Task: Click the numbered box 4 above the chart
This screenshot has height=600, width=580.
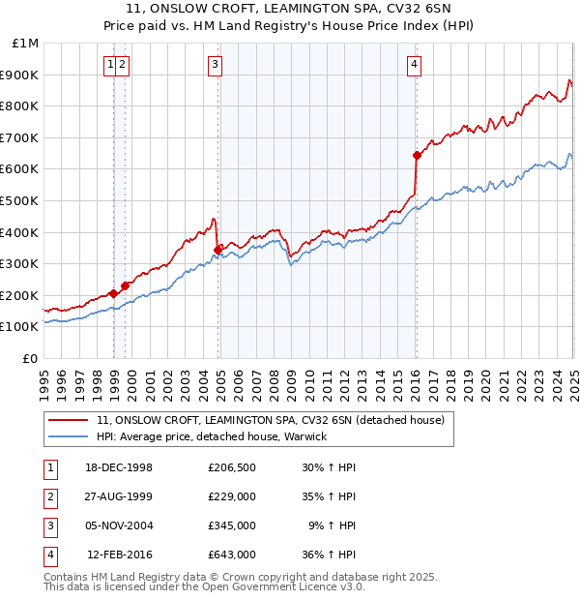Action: click(x=414, y=65)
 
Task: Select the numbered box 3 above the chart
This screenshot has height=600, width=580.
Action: click(x=215, y=65)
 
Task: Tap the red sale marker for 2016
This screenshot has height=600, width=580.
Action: click(x=417, y=155)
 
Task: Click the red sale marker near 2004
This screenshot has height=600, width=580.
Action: click(x=217, y=249)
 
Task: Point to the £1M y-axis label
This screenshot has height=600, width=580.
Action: click(x=25, y=44)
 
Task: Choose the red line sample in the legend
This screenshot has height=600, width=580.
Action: click(x=70, y=421)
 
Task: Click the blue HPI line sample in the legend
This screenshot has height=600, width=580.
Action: click(x=70, y=437)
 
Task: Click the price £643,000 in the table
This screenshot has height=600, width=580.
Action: click(x=232, y=555)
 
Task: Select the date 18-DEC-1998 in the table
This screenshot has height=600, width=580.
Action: click(x=120, y=468)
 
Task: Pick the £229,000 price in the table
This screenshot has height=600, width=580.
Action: click(x=232, y=497)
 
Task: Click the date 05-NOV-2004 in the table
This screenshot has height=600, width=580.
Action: click(x=120, y=526)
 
